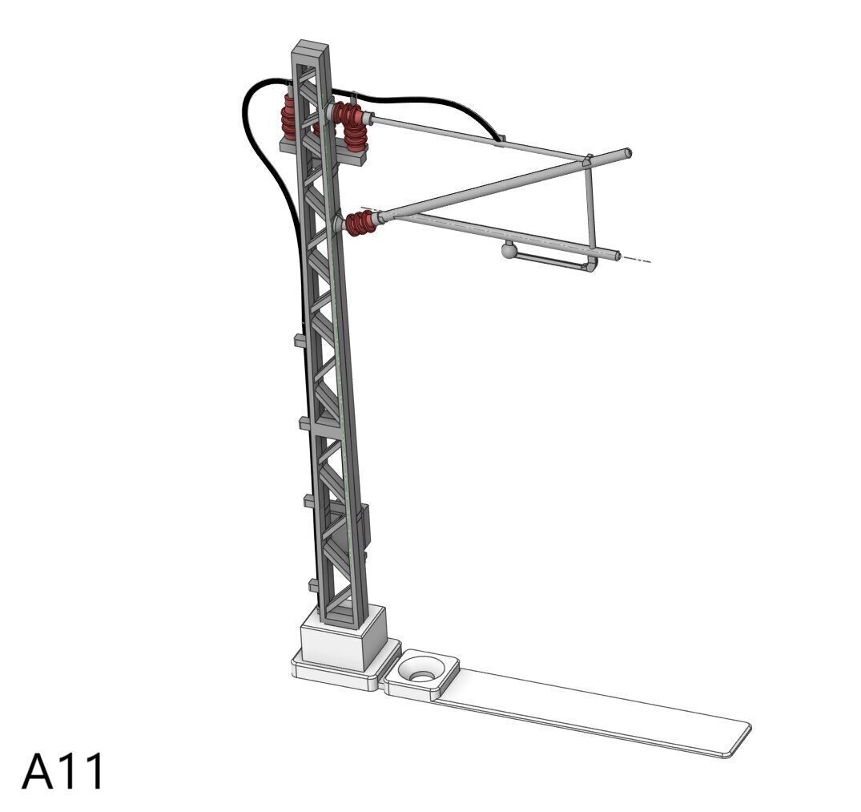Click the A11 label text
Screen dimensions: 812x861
[x=62, y=771]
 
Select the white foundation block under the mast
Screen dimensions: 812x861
[x=340, y=638]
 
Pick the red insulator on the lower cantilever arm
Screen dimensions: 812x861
[x=361, y=224]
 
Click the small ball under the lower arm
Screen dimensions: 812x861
[x=509, y=252]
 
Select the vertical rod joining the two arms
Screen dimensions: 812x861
[x=591, y=204]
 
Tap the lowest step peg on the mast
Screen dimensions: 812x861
[x=313, y=584]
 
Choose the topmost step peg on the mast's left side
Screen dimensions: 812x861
[x=298, y=341]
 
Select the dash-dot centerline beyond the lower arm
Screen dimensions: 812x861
[x=637, y=260]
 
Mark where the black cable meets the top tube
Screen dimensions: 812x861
[x=501, y=139]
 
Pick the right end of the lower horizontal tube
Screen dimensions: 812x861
[x=617, y=257]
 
